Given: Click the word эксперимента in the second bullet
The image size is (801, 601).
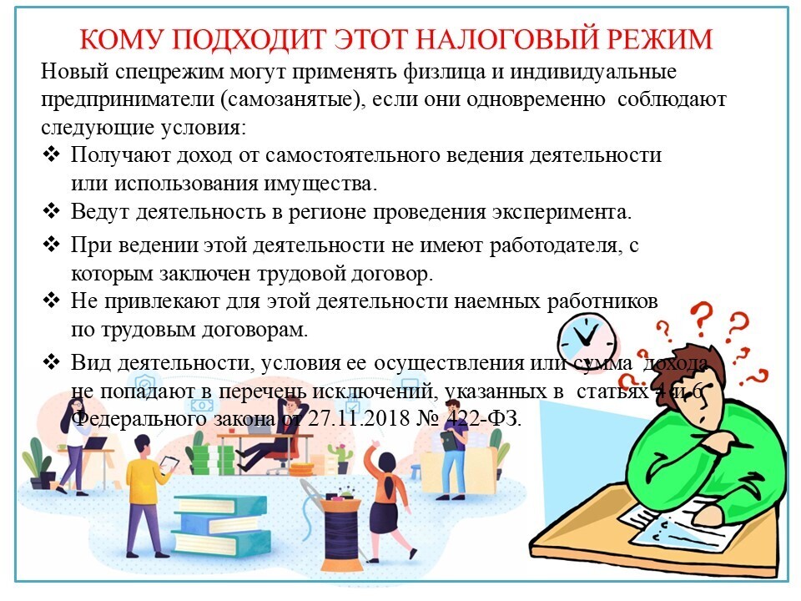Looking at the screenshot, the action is [562, 211].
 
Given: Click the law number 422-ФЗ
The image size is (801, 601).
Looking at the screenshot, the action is [484, 418].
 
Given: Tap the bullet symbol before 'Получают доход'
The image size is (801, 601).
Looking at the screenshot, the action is [52, 154].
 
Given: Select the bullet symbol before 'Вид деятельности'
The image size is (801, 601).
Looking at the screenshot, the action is [52, 361].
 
